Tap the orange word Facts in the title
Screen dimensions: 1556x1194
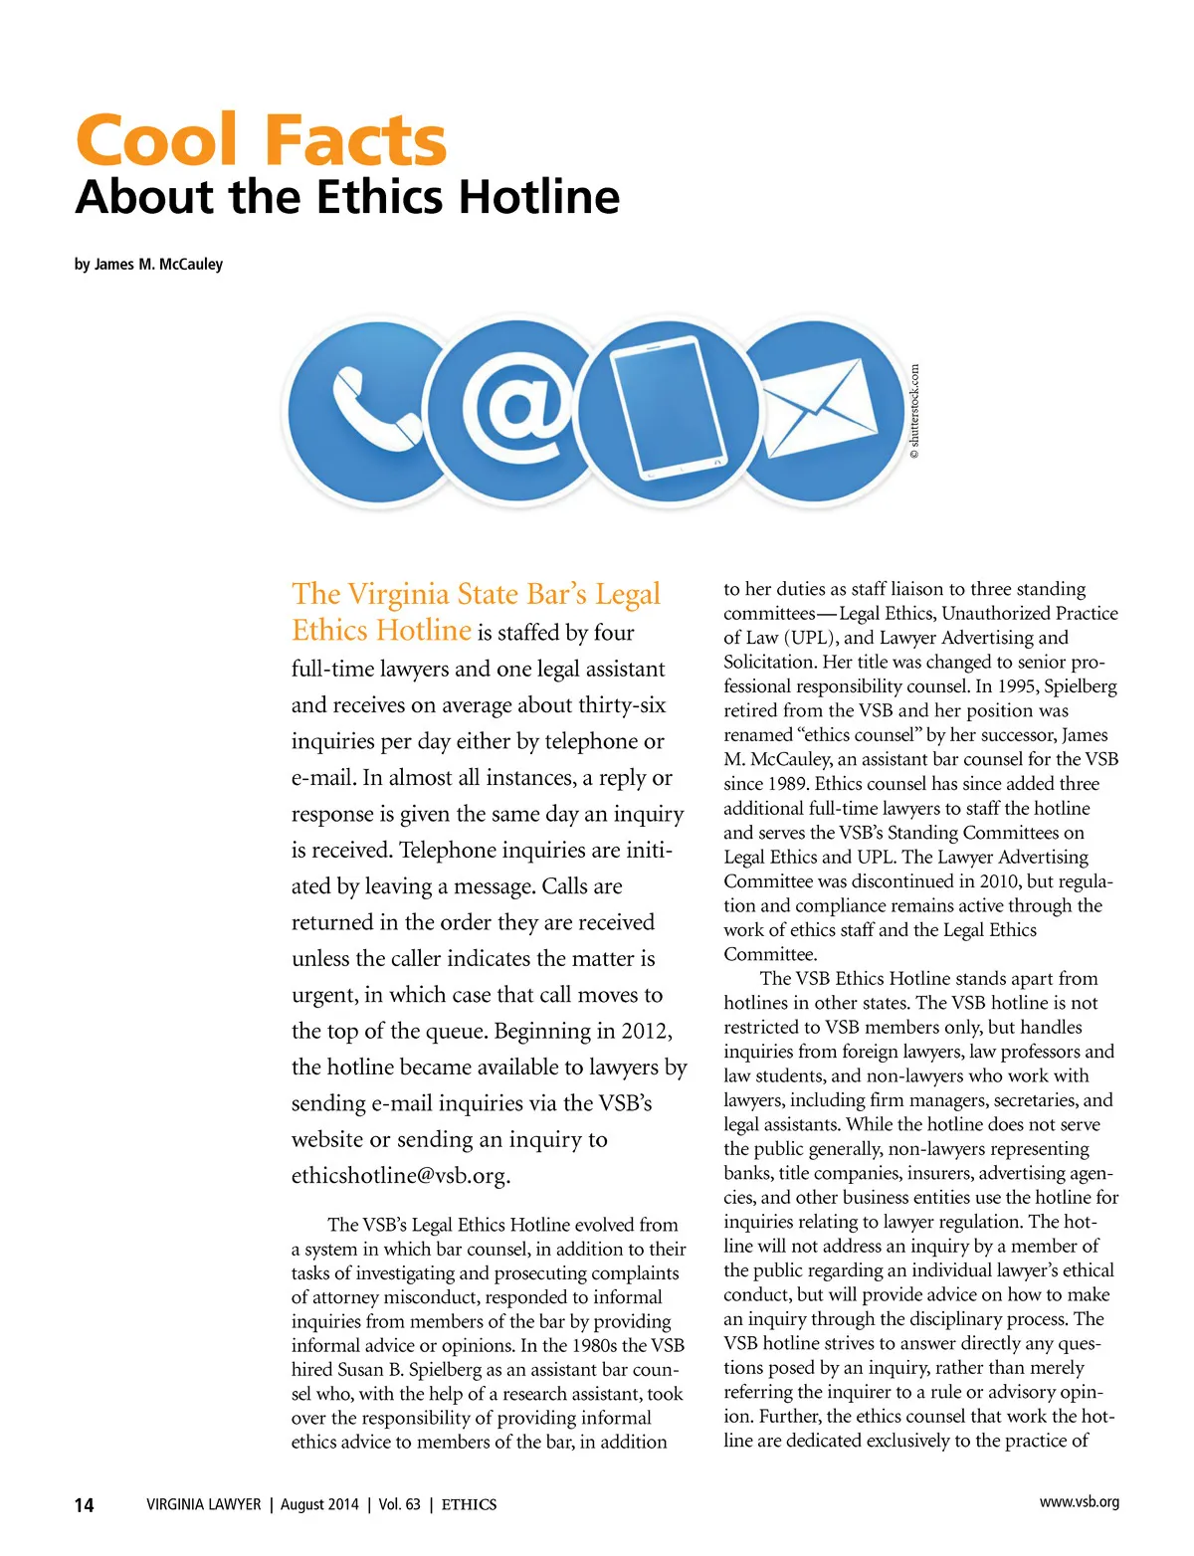[x=355, y=140]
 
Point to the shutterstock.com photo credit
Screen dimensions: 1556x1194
[x=914, y=411]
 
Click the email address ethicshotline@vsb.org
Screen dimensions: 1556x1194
[x=400, y=1176]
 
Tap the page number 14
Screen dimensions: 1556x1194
[x=85, y=1505]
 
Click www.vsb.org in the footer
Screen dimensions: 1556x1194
[x=1079, y=1502]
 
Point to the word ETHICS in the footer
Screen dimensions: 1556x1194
[x=469, y=1505]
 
